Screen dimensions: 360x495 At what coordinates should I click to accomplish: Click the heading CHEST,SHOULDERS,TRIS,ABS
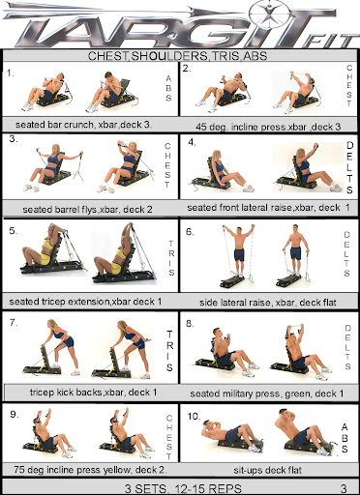coord(177,56)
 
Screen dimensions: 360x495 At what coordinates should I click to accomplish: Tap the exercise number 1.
coord(11,73)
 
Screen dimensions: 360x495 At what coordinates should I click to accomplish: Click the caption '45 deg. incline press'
coord(241,127)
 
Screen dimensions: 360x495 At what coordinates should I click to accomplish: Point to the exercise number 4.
coord(192,142)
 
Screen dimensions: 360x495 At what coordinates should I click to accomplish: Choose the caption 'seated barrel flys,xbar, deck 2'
coord(87,210)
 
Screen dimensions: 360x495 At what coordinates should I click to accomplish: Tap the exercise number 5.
coord(14,231)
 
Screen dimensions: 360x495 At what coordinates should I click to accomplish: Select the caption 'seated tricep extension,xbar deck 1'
coord(85,302)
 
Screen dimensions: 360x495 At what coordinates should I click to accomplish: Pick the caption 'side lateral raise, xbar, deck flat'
coord(268,303)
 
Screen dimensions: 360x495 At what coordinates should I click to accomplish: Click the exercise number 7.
coord(14,322)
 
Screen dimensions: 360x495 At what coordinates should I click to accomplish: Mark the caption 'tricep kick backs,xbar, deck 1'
coord(93,393)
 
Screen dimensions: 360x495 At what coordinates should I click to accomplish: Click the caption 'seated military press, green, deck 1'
coord(267,393)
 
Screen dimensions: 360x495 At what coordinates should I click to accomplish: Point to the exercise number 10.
coord(195,417)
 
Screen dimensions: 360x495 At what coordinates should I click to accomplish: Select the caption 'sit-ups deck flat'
coord(268,470)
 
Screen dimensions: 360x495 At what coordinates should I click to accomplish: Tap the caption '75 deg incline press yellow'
coord(73,470)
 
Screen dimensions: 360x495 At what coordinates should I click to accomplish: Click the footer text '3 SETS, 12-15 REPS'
coord(183,488)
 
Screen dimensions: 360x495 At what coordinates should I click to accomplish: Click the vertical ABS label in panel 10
coord(345,438)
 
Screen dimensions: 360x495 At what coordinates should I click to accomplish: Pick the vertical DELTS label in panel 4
coord(349,167)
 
